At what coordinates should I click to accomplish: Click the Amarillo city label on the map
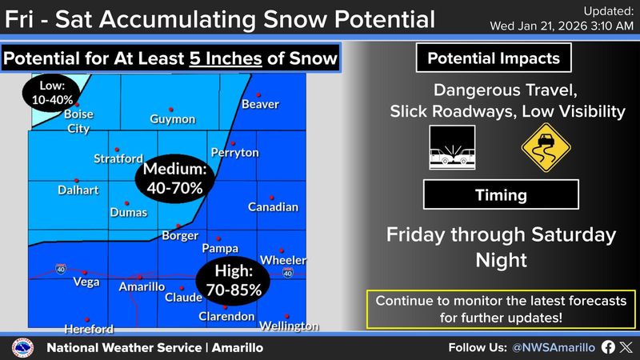(142, 286)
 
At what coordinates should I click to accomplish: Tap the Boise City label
(78, 121)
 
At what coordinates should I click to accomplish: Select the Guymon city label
(172, 119)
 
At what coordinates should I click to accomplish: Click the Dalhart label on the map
(78, 190)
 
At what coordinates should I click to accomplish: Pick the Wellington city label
(289, 326)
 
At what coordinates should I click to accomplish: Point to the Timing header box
(500, 194)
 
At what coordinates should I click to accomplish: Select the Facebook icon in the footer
(607, 347)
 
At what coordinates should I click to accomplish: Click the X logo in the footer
(626, 347)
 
